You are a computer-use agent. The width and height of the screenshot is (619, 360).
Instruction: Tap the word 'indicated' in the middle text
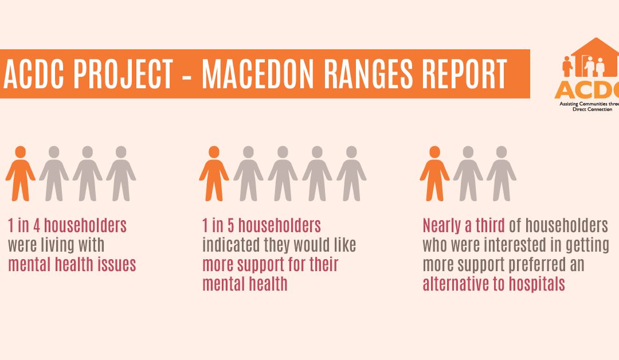[229, 245]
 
